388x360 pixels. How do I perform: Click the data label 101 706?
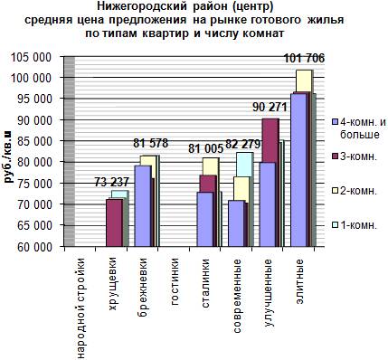[305, 58]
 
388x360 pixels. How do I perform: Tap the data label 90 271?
[270, 107]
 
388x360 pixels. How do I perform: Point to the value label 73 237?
[111, 182]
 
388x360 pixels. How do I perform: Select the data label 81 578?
[150, 144]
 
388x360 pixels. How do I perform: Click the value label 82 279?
[242, 145]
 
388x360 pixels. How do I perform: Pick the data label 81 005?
[205, 148]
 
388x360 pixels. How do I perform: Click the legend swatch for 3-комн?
[335, 156]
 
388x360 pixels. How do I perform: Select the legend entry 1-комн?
[355, 225]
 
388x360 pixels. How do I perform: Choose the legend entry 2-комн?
[355, 191]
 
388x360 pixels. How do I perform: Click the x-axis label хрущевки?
[112, 283]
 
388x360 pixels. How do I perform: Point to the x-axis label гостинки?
[175, 281]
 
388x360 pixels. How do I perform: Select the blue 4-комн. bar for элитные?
[300, 170]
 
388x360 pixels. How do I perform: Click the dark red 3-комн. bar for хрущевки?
[114, 223]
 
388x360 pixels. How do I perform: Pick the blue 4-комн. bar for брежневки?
[143, 206]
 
